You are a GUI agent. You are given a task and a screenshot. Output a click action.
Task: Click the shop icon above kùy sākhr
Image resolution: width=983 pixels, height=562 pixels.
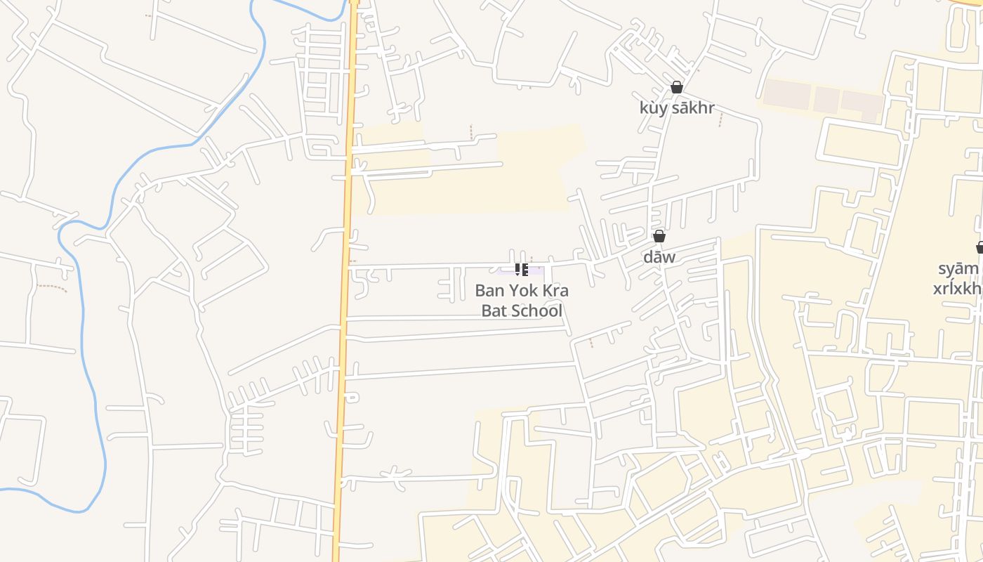tap(677, 88)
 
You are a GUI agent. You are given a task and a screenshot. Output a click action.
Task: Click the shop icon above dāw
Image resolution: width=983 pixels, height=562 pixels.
tap(659, 236)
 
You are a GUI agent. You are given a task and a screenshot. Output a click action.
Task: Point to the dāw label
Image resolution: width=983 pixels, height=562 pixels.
tap(659, 256)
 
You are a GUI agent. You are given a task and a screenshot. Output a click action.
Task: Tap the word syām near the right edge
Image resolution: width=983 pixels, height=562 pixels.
tap(958, 268)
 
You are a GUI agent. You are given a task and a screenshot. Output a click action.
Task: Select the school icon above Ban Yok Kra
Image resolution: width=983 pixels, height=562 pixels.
tap(522, 270)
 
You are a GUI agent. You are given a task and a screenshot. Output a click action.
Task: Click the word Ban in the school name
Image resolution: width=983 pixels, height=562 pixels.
tap(489, 290)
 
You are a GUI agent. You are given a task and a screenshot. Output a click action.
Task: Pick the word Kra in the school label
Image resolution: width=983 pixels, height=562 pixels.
tap(556, 290)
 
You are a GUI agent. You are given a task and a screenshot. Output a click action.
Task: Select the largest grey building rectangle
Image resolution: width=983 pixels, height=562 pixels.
tap(786, 95)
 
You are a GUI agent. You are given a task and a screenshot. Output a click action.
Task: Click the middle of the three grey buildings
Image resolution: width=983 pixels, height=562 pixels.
tap(826, 100)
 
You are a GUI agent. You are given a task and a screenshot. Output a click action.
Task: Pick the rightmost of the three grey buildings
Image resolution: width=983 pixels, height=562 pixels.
tap(862, 104)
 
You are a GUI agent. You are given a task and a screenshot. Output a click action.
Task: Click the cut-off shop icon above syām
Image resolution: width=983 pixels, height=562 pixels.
tap(979, 247)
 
